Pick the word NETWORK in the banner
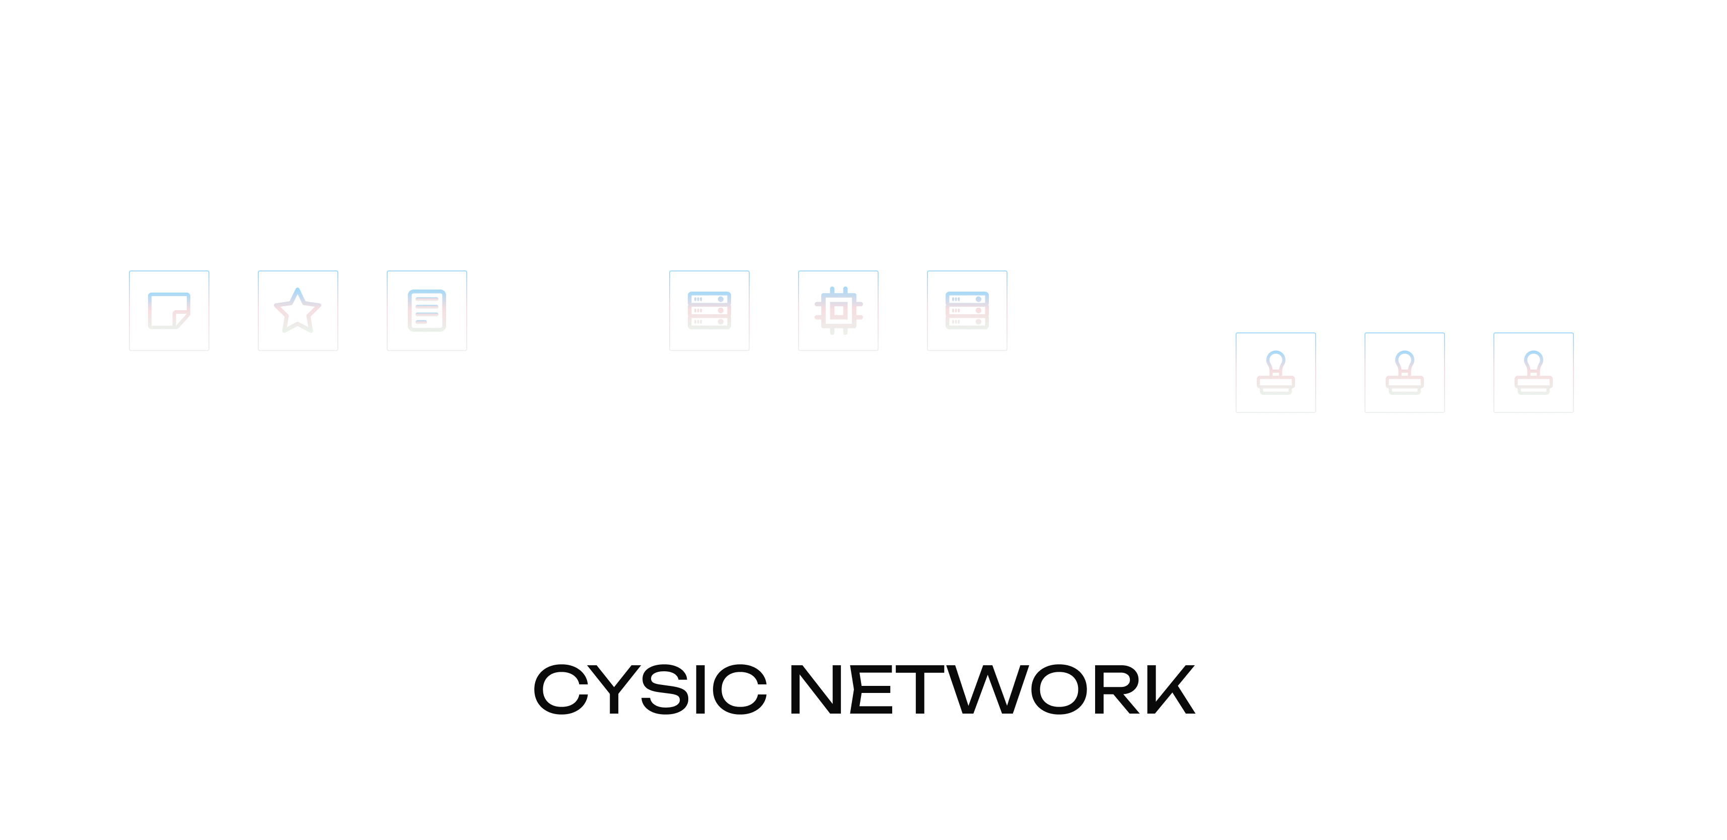pos(992,689)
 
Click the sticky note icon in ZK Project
pos(169,310)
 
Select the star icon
pos(298,310)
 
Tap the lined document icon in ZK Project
pos(427,310)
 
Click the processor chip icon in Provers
pos(838,310)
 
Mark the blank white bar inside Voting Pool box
pos(1405,255)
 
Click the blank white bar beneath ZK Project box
pos(298,534)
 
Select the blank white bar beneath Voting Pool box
pos(1405,534)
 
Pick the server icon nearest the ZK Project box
pos(709,310)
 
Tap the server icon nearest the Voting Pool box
pos(967,310)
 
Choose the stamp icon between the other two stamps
pos(1405,373)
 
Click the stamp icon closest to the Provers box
pos(1276,373)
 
